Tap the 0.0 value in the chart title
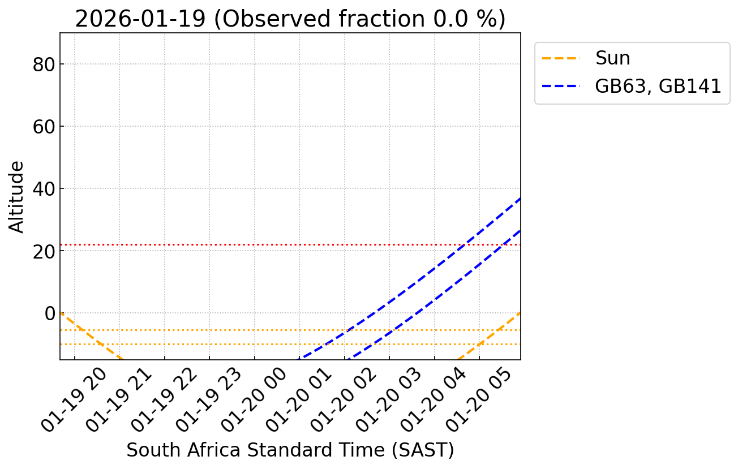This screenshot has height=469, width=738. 435,19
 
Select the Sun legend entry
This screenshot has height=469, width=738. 612,58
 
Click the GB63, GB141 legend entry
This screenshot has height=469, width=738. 658,86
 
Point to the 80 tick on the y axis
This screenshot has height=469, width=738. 43,64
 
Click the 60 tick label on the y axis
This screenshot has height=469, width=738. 43,126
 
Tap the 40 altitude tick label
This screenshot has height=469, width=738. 43,188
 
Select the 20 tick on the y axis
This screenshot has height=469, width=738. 43,251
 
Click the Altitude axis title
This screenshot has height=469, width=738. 17,196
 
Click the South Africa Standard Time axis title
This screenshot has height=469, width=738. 290,450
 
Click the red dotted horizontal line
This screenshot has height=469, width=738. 226,244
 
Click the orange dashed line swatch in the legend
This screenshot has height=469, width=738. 561,58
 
